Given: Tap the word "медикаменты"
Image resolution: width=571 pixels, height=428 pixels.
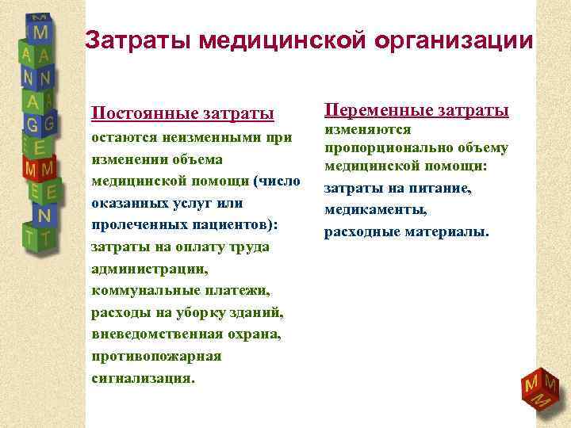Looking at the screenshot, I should pos(376,210).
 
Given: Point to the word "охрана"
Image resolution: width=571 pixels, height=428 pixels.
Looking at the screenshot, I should pos(253,334).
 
